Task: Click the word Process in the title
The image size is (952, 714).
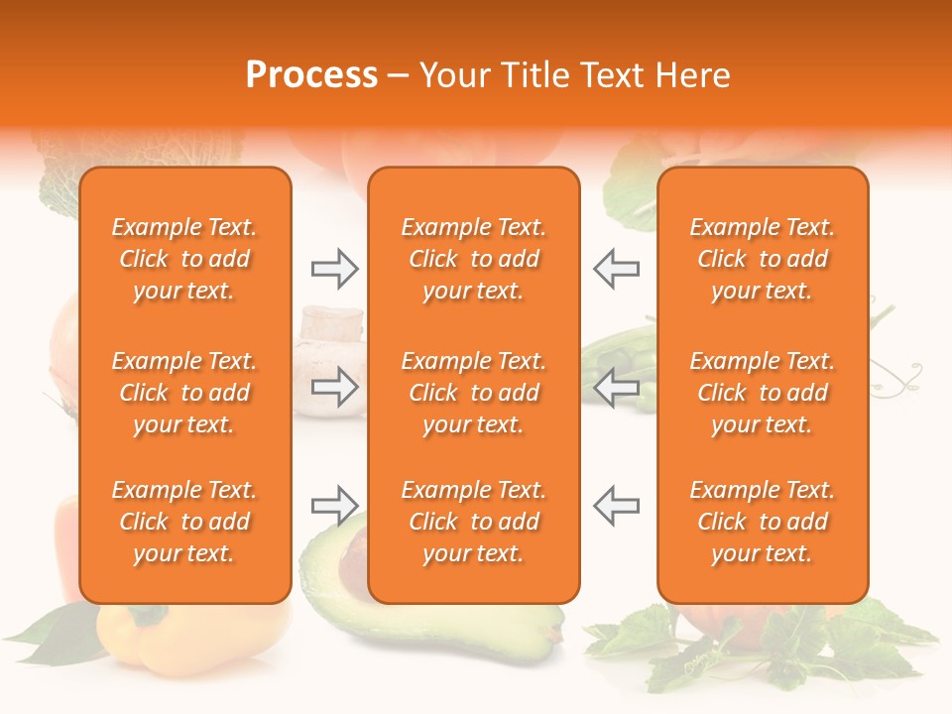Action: click(x=311, y=75)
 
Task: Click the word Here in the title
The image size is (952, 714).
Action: click(x=693, y=75)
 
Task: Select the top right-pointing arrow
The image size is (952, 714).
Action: click(x=334, y=269)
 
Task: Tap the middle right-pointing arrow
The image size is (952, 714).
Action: click(x=334, y=388)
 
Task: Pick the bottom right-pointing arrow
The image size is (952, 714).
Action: click(x=334, y=506)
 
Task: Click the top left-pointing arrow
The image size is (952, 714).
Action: click(x=617, y=269)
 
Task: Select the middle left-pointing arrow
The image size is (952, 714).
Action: click(x=617, y=388)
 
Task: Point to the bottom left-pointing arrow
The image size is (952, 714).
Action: click(x=617, y=506)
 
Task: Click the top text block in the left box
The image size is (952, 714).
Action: click(x=184, y=259)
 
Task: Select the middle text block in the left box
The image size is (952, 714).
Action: click(x=184, y=393)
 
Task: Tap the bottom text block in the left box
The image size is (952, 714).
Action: click(x=184, y=522)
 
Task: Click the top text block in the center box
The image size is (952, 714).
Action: click(x=474, y=259)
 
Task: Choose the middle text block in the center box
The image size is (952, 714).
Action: click(x=474, y=393)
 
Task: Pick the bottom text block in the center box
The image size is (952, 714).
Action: click(x=474, y=522)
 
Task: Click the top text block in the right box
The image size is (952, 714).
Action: click(x=763, y=259)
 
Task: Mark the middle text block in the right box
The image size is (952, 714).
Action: click(x=763, y=393)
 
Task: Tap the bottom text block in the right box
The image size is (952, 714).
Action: click(x=763, y=522)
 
